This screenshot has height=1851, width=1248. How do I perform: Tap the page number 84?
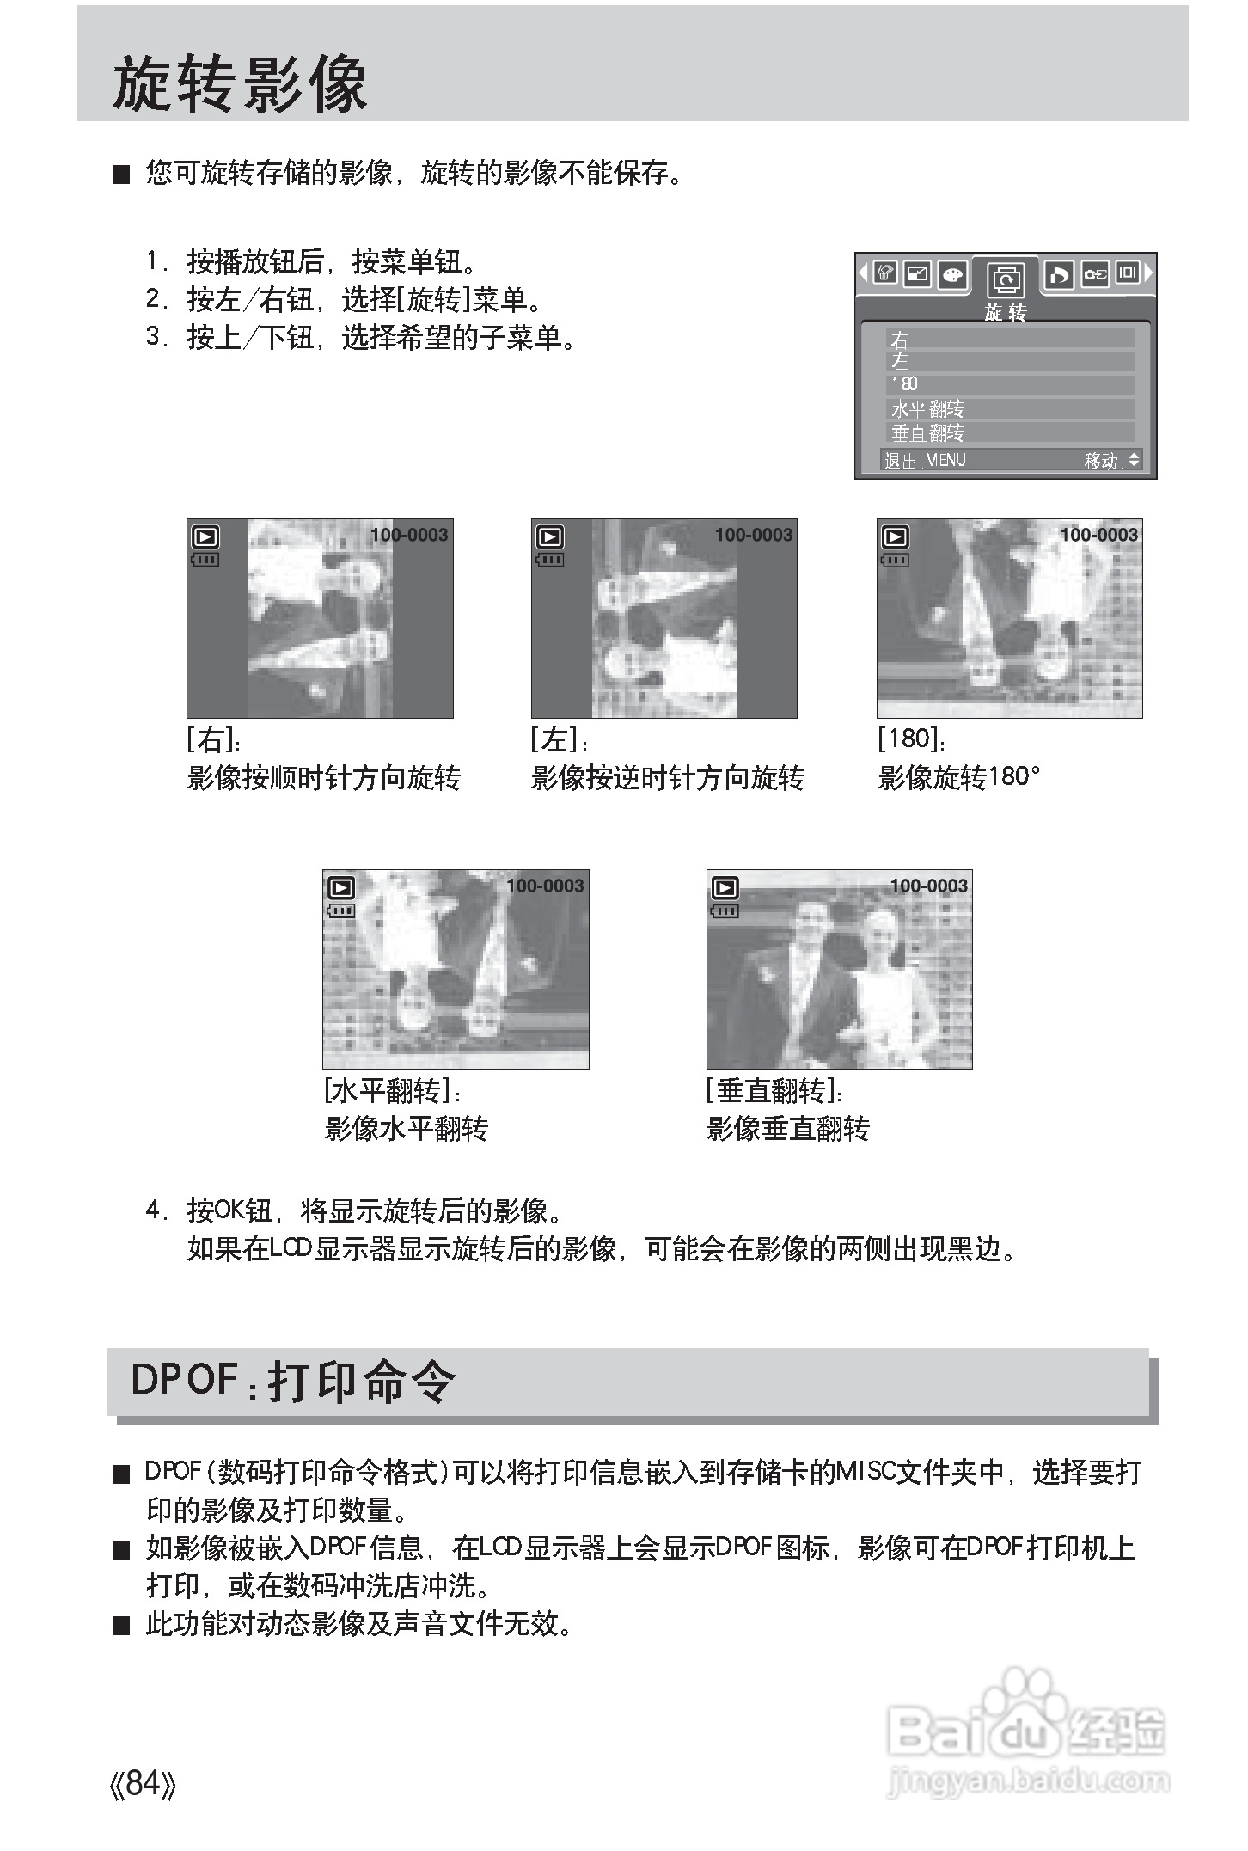click(x=144, y=1783)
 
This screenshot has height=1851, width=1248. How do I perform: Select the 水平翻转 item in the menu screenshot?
click(x=928, y=408)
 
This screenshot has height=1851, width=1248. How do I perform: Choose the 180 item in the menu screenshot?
click(x=904, y=383)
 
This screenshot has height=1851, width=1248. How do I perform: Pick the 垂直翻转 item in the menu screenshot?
click(x=928, y=432)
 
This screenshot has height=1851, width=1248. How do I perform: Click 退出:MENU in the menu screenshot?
click(x=925, y=460)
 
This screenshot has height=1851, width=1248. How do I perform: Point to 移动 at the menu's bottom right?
click(x=1101, y=461)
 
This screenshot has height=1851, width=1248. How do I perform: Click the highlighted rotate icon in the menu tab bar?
click(x=1005, y=279)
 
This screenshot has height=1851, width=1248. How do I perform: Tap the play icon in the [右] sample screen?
click(x=206, y=537)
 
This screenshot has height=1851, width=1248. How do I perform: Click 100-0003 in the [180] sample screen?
click(x=1098, y=535)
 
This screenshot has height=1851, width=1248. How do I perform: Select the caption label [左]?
click(x=559, y=739)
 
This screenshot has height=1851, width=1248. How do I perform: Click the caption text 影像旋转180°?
click(x=959, y=777)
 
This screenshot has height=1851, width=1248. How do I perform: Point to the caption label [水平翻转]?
click(x=393, y=1090)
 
